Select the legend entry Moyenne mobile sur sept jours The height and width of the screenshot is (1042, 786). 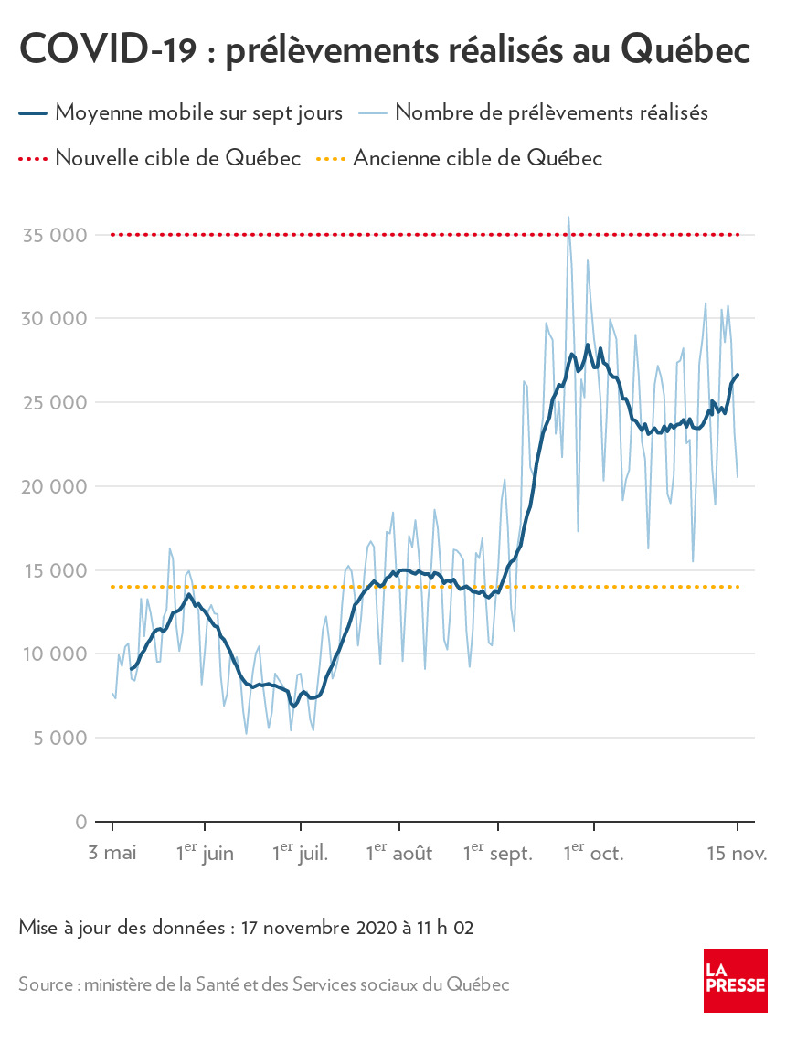coord(198,112)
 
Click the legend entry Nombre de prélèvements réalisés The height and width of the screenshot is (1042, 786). coord(552,112)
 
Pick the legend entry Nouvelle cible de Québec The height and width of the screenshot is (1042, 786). coord(177,158)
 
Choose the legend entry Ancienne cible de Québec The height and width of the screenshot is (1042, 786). coord(477,158)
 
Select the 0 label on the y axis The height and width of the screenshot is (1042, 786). coord(81,822)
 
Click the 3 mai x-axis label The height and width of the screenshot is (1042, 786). coord(112,854)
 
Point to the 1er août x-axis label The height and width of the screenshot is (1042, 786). coord(398,854)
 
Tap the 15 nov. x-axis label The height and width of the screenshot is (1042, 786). coord(737,854)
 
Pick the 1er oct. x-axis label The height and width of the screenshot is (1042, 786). coord(592,854)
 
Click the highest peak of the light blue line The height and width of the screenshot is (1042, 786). coord(568,218)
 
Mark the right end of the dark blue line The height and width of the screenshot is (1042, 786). coord(738,374)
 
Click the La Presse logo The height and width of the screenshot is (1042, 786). coord(735,980)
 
